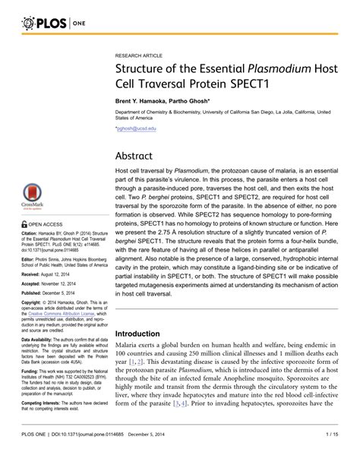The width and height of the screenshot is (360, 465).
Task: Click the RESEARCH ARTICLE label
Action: click(x=140, y=56)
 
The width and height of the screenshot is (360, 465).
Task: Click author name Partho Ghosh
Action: click(x=199, y=103)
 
